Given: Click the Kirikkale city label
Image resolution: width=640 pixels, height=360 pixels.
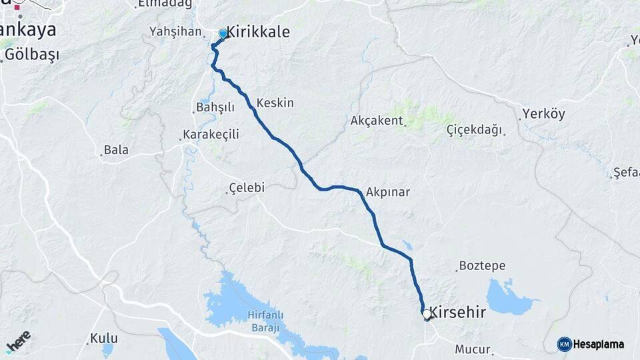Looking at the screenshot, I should (259, 32).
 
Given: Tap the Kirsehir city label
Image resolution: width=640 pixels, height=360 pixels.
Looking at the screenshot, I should (457, 311).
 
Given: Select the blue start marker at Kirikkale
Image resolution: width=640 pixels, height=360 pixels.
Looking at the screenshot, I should (223, 33).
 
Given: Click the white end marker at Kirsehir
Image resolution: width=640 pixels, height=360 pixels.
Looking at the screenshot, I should (426, 313).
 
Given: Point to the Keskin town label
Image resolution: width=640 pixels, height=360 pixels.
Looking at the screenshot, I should (275, 103).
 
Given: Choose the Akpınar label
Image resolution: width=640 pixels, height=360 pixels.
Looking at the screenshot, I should (387, 192).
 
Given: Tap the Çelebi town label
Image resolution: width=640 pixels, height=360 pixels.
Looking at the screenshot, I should (246, 188).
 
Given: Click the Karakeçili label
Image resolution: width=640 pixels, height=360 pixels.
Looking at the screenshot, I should (211, 135).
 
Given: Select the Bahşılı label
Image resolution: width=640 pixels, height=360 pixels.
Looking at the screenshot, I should (215, 107).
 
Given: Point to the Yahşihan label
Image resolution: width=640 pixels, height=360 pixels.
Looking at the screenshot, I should (175, 31).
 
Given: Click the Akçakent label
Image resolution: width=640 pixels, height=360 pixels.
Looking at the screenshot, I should (377, 121).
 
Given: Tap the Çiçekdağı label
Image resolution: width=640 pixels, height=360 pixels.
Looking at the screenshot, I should (474, 129).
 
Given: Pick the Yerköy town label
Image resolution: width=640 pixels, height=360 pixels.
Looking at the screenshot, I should (543, 114).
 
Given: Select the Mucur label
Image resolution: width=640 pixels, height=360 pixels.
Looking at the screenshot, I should (473, 349).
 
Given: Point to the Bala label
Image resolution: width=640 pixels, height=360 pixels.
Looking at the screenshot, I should (116, 149).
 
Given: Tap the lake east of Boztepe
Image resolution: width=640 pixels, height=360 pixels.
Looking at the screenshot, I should (511, 297).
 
